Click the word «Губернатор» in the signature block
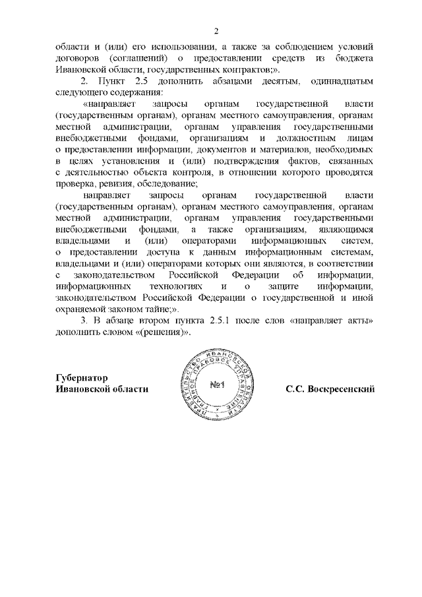tap(81, 378)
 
